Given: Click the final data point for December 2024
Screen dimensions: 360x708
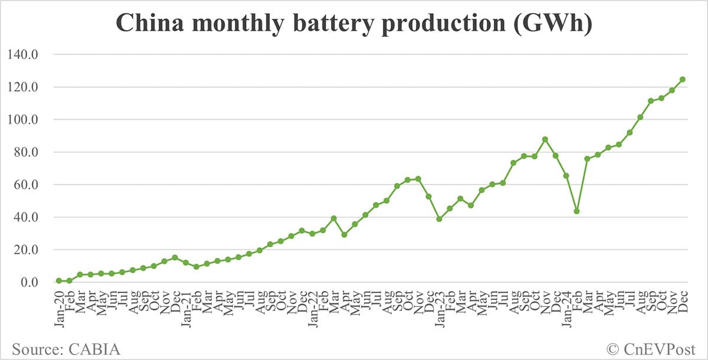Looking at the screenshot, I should [682, 79].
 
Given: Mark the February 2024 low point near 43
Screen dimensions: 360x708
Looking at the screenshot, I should [576, 211].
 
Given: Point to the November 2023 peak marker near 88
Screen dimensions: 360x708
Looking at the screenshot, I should [545, 139].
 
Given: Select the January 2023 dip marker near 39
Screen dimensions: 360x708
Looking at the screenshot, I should [439, 219].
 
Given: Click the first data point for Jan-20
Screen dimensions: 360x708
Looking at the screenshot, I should [59, 281].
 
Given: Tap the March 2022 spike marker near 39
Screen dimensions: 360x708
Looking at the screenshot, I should [333, 218].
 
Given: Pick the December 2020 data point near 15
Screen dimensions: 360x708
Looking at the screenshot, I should [175, 257].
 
